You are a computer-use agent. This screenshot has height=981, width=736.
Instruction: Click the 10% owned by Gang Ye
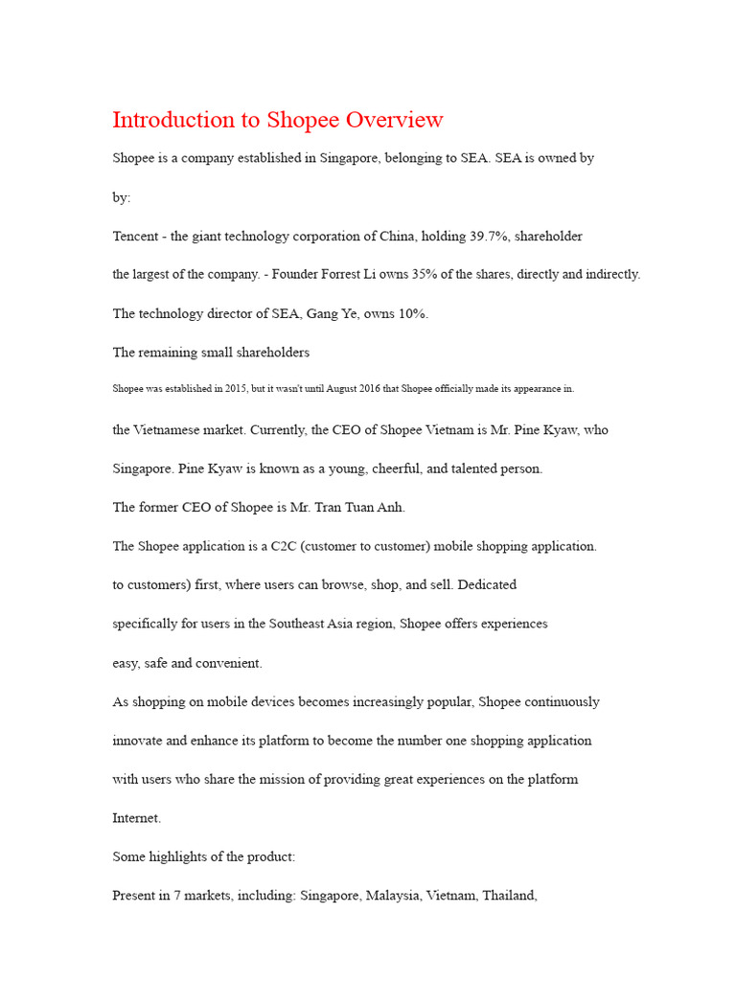(x=410, y=313)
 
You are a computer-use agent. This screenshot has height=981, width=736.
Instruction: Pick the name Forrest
(x=356, y=274)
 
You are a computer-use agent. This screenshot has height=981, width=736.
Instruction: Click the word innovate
(x=138, y=741)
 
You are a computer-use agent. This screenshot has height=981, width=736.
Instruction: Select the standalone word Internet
(x=137, y=818)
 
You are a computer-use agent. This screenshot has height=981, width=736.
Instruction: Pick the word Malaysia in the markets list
(x=392, y=896)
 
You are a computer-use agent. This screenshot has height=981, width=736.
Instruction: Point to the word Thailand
(x=510, y=896)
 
